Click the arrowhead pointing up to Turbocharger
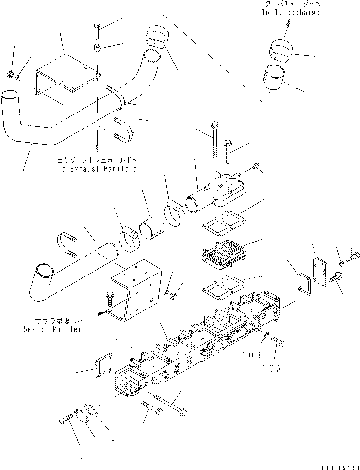288,22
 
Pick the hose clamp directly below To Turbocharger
280,49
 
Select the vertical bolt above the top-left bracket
96,32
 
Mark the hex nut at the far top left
10,74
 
